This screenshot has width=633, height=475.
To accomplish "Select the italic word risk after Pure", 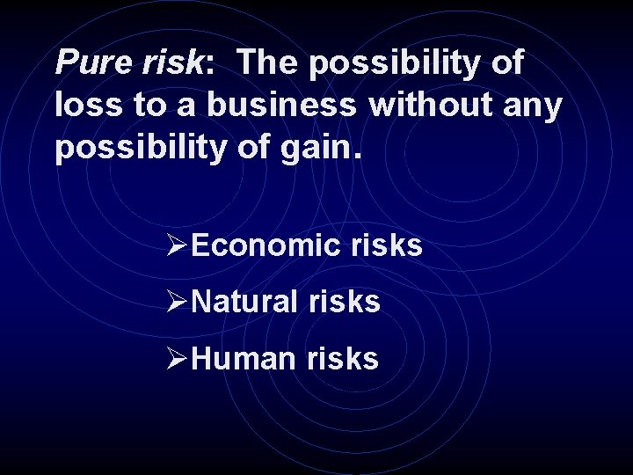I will [171, 62].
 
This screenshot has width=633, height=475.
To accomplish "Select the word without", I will [433, 105].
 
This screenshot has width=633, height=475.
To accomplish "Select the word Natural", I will [245, 303].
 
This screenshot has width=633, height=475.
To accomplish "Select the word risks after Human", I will [343, 358].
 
